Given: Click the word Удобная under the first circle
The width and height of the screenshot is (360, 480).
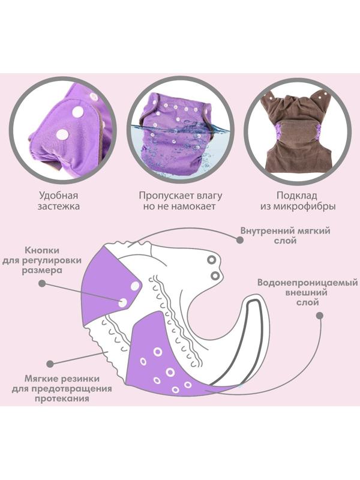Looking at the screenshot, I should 59,195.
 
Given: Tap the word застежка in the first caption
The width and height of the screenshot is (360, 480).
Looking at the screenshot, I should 59,207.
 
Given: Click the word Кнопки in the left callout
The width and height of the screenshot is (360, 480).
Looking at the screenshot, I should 43,250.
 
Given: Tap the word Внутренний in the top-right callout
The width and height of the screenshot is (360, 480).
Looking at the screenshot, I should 268,230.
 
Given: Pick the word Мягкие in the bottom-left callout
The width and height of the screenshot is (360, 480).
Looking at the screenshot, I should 43,379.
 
